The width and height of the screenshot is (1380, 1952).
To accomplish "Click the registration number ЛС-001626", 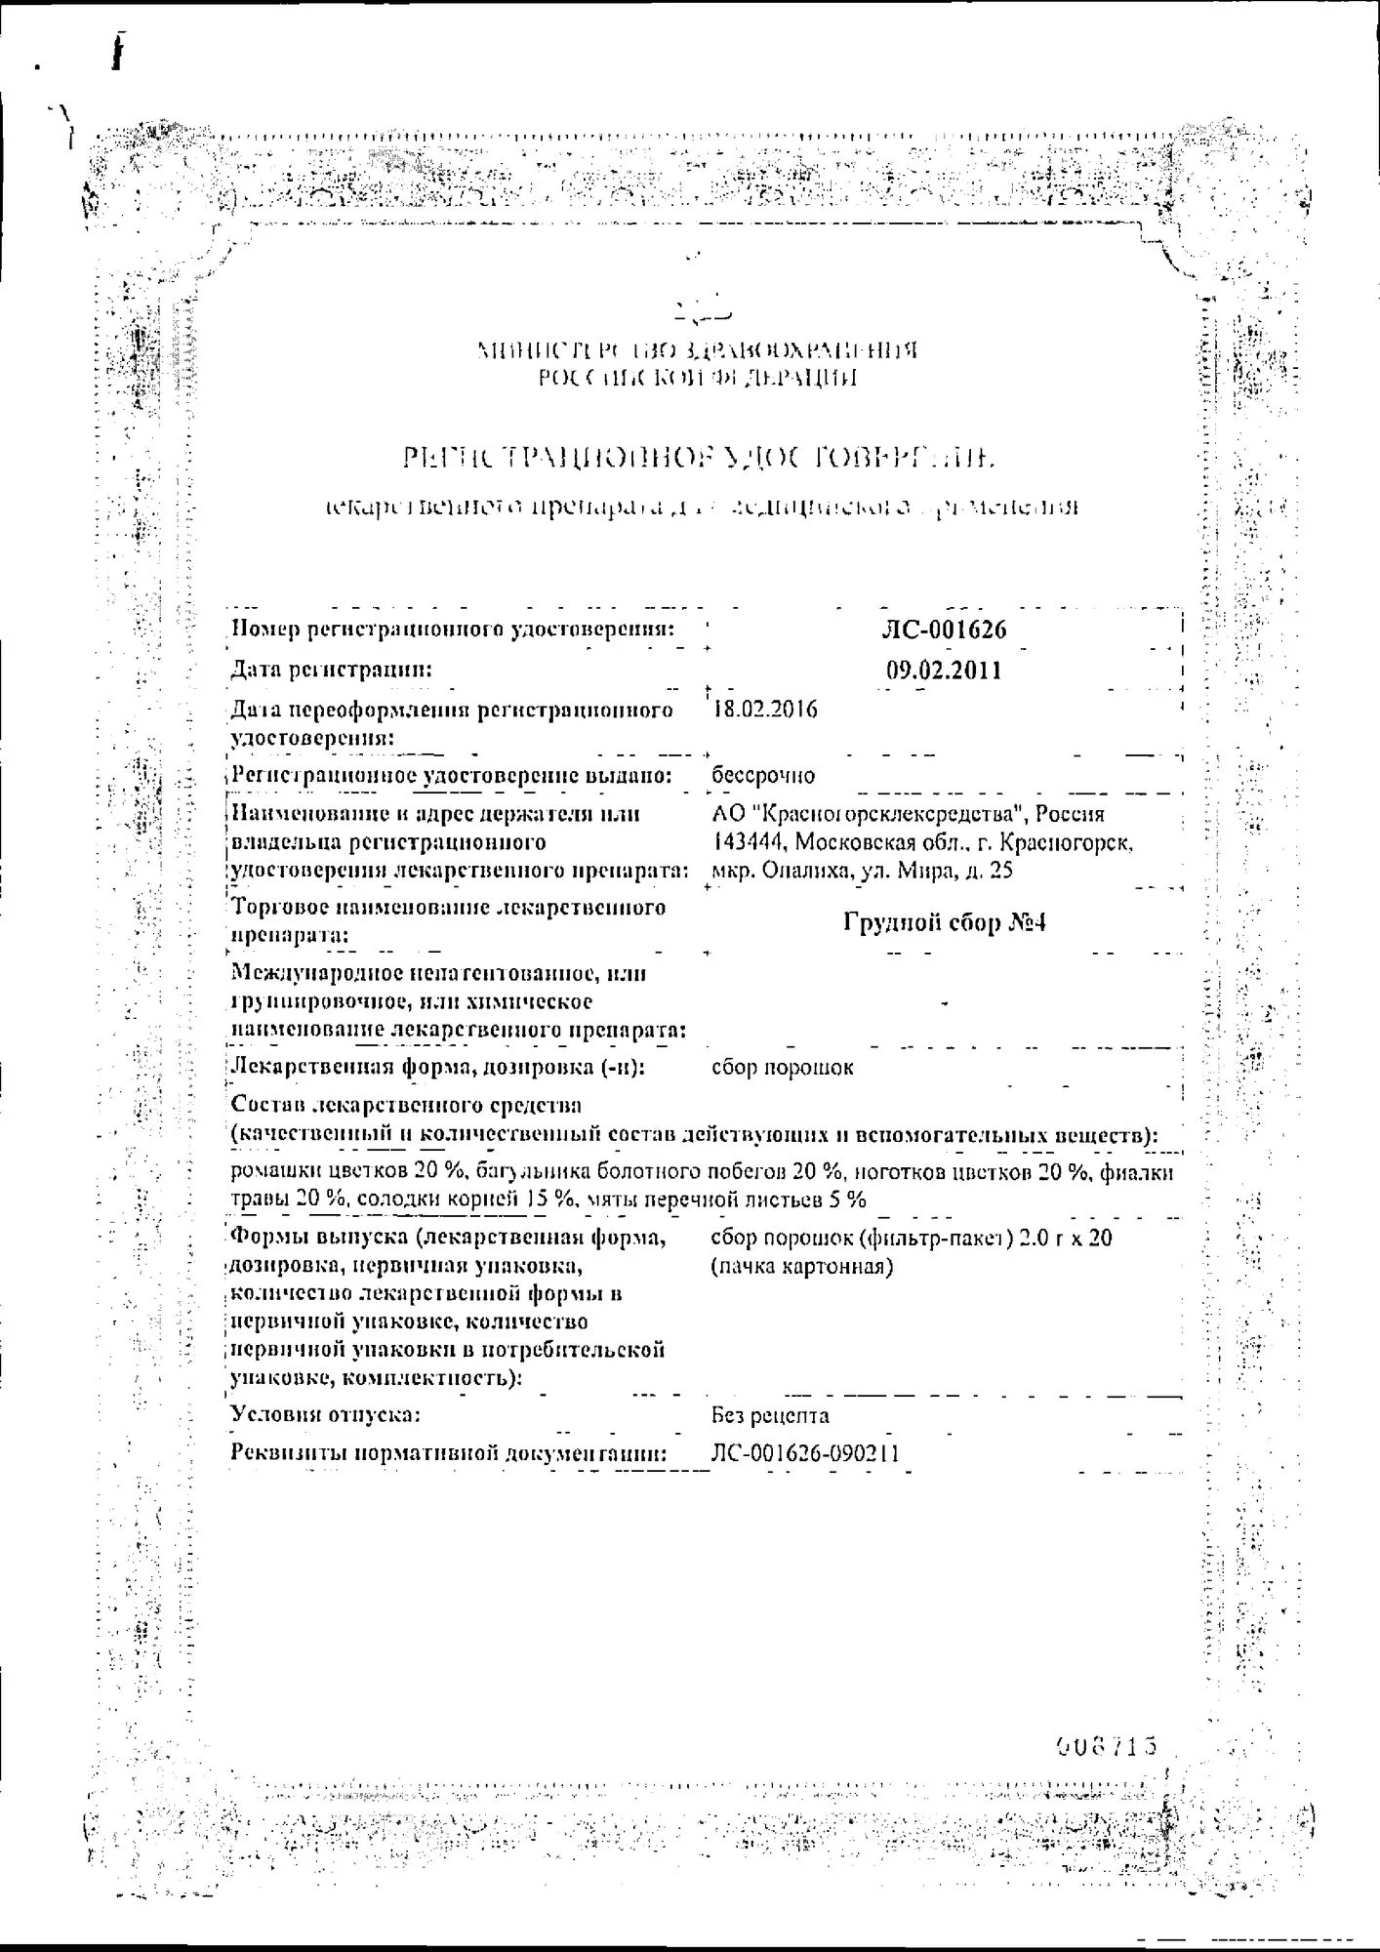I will point(943,630).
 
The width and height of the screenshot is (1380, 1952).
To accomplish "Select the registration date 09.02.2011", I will point(944,671).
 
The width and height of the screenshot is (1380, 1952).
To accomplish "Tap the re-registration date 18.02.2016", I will point(766,710).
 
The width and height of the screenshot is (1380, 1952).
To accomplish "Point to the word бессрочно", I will point(763,775).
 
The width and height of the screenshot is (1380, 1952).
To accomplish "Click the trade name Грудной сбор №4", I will point(944,922).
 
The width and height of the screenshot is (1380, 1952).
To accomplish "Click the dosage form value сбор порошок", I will point(783,1068).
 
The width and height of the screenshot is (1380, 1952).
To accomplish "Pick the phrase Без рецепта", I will point(771,1415).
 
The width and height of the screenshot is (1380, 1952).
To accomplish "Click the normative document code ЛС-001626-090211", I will point(806,1454).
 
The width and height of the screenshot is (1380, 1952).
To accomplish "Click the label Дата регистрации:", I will point(331,670).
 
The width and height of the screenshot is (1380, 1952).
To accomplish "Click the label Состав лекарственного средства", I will point(406,1106).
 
